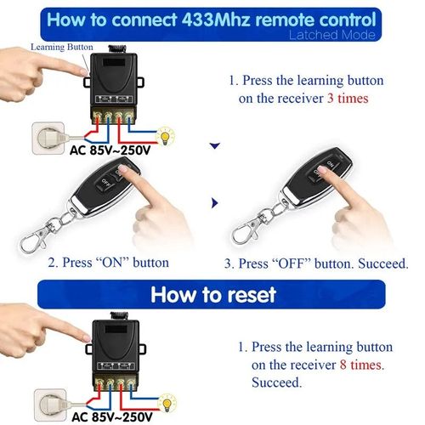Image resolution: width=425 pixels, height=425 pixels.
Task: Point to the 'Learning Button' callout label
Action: [x=55, y=49]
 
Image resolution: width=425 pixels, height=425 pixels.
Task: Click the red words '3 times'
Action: [x=357, y=98]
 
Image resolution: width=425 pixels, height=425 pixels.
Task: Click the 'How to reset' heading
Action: [x=212, y=294]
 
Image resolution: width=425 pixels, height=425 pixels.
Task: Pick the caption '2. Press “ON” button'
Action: [x=108, y=263]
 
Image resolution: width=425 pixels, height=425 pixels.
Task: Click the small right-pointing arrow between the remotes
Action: [x=214, y=204]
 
